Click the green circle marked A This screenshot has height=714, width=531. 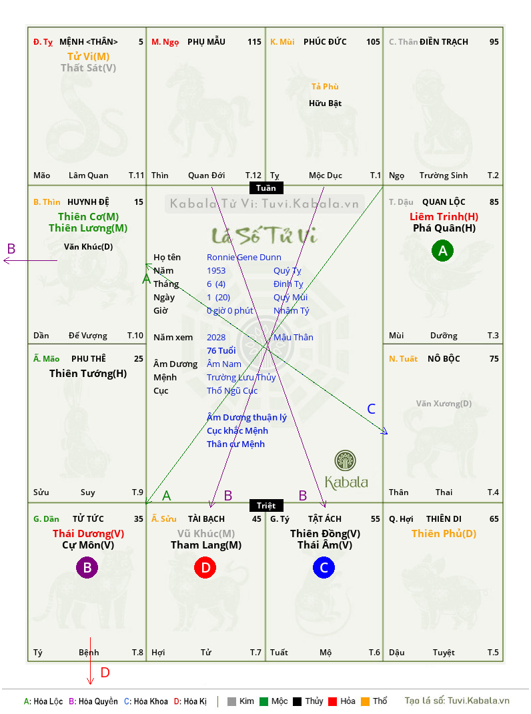tap(442, 250)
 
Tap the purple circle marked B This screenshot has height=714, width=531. tap(87, 567)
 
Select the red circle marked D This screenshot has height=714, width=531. tap(205, 567)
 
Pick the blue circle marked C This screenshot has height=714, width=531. tap(324, 567)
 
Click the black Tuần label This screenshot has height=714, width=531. tap(266, 188)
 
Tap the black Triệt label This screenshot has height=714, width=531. tap(266, 505)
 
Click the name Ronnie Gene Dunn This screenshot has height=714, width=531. tap(243, 258)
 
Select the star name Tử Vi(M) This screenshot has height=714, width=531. tap(88, 57)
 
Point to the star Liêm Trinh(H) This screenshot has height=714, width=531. tap(444, 216)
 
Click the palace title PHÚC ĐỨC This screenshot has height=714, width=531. tap(325, 42)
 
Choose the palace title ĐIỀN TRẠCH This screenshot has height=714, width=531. tap(444, 42)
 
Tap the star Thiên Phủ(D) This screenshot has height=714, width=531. tap(444, 533)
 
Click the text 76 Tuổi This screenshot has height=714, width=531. tap(221, 350)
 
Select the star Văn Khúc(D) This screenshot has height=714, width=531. tap(88, 247)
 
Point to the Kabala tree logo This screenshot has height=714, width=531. tap(345, 460)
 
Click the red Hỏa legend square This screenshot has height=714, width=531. tap(332, 701)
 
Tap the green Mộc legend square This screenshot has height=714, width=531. tap(263, 701)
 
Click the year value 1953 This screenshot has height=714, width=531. tap(216, 270)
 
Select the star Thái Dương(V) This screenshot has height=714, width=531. tap(88, 533)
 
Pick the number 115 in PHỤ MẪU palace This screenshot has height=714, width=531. tap(255, 42)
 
